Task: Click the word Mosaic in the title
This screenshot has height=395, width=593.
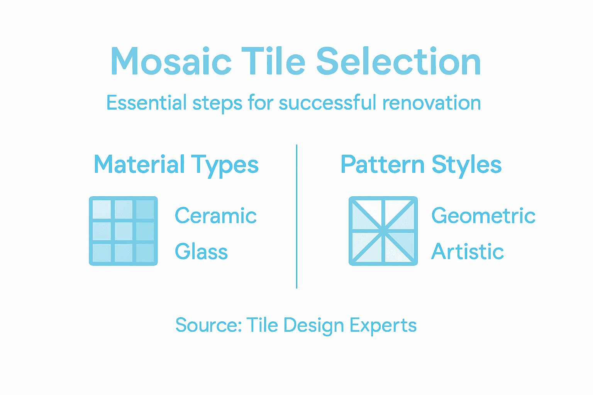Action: pyautogui.click(x=171, y=62)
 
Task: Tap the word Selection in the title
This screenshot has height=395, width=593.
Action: pyautogui.click(x=398, y=62)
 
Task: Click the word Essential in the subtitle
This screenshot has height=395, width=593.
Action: pyautogui.click(x=146, y=103)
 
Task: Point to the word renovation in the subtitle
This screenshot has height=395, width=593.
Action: pyautogui.click(x=432, y=103)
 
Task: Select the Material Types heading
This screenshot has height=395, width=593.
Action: pyautogui.click(x=176, y=165)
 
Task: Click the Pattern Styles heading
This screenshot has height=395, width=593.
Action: pyautogui.click(x=421, y=165)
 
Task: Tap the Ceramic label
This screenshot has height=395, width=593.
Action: pyautogui.click(x=215, y=216)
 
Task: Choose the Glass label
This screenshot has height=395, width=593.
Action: pyautogui.click(x=201, y=252)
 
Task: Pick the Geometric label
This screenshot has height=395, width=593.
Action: pyautogui.click(x=483, y=216)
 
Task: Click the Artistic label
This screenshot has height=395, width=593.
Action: pyautogui.click(x=468, y=252)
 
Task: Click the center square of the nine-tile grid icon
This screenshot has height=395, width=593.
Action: pyautogui.click(x=124, y=231)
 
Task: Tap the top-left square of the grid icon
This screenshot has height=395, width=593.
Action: pyautogui.click(x=102, y=209)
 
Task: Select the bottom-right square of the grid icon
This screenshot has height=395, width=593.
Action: pyautogui.click(x=145, y=253)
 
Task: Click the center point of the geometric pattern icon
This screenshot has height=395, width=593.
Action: pyautogui.click(x=383, y=231)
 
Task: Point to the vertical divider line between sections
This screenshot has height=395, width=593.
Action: pyautogui.click(x=296, y=216)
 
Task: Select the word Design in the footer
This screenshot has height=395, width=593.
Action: pyautogui.click(x=313, y=325)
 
